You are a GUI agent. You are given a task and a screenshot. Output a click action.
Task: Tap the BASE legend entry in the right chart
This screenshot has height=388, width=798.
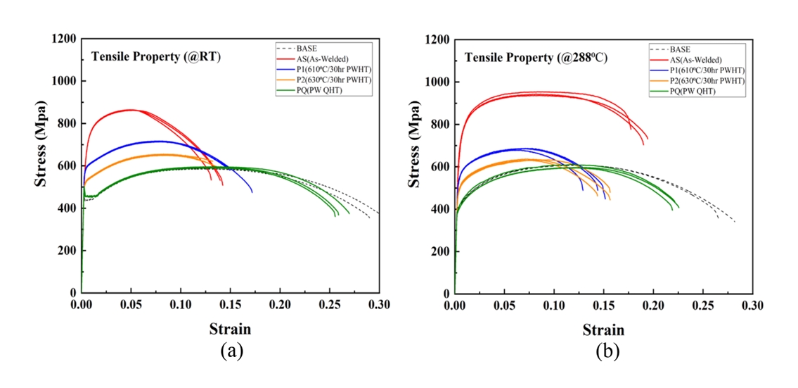(680, 50)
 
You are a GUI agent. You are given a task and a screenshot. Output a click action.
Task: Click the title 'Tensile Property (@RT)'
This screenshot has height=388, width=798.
(155, 57)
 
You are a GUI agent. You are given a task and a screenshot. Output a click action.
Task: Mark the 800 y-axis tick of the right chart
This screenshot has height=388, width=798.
(439, 124)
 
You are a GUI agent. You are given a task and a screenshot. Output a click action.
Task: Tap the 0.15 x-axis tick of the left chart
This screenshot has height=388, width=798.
(231, 304)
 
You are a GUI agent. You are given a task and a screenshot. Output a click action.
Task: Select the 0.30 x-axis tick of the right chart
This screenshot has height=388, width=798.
(752, 305)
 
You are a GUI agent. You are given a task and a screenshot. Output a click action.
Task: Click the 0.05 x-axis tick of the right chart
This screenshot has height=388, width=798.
(504, 305)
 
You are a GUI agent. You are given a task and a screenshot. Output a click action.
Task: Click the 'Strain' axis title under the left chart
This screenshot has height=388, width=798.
(229, 329)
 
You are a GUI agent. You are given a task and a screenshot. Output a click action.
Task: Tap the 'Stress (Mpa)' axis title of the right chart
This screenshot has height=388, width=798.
(416, 165)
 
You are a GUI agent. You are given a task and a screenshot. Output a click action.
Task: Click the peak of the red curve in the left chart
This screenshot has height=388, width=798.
(131, 109)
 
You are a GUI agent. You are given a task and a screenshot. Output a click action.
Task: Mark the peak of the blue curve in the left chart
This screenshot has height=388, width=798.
(160, 141)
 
